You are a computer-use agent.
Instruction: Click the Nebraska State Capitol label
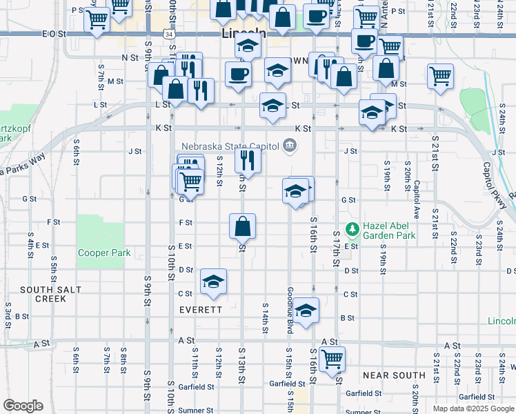click(230, 146)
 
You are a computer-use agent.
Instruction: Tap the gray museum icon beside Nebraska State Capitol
click(289, 146)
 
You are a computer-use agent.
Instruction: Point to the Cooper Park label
click(104, 253)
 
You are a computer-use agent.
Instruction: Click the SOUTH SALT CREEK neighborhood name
click(43, 294)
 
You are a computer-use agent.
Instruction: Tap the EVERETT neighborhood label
click(201, 310)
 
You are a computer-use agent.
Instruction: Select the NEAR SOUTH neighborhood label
click(393, 375)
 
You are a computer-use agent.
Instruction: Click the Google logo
click(23, 406)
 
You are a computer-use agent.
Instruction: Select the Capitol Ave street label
click(417, 197)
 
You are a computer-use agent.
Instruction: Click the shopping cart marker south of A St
click(333, 358)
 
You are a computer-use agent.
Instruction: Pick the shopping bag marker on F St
click(243, 226)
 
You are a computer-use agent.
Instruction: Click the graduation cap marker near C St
click(213, 281)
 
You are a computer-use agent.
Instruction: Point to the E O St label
click(53, 33)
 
